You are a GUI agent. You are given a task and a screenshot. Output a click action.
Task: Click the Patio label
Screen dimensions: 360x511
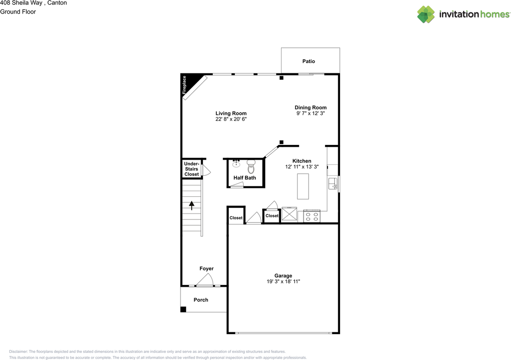click(308, 61)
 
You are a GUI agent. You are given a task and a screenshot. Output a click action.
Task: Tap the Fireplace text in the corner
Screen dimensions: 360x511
click(184, 85)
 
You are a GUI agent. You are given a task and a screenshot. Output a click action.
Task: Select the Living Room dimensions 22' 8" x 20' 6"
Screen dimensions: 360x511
click(231, 119)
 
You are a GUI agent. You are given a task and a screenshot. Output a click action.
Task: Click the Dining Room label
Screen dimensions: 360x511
click(311, 107)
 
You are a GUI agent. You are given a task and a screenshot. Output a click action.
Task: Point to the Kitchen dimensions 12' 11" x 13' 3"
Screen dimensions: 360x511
click(301, 167)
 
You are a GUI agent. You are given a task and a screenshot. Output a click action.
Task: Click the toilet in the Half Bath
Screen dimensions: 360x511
click(251, 167)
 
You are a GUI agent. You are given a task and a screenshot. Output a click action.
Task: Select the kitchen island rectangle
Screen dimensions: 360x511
click(303, 186)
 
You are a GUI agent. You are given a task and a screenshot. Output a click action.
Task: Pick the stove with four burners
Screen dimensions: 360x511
click(312, 216)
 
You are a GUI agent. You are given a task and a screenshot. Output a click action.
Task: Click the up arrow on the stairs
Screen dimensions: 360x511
click(192, 206)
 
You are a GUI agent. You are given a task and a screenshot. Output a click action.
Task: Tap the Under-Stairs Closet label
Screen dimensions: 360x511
click(192, 169)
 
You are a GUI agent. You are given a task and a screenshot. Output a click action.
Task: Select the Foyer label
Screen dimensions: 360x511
click(206, 269)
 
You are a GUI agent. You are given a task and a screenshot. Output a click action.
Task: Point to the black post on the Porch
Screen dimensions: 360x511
click(183, 309)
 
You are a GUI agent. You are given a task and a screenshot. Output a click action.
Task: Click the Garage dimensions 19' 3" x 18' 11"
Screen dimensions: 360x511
click(283, 281)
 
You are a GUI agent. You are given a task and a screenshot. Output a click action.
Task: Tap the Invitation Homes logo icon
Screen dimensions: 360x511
click(426, 14)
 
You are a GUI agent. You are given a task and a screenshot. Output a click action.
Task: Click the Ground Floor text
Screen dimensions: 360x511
click(18, 12)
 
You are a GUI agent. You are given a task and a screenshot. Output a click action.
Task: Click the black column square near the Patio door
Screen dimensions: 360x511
click(281, 78)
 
